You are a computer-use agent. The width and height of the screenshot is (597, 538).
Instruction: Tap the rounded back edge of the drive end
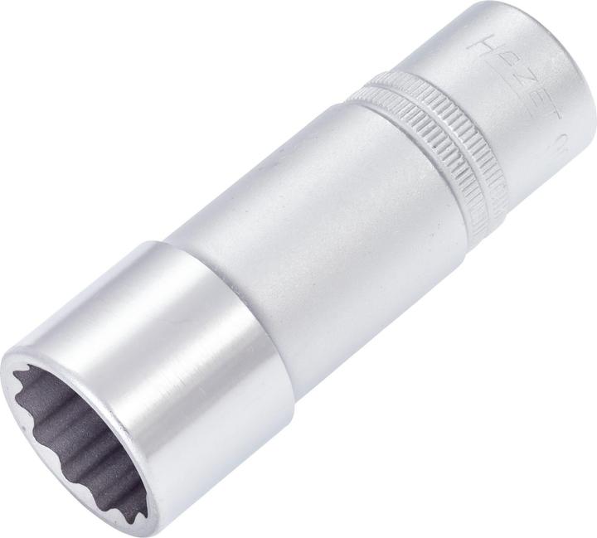pyautogui.click(x=572, y=50)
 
